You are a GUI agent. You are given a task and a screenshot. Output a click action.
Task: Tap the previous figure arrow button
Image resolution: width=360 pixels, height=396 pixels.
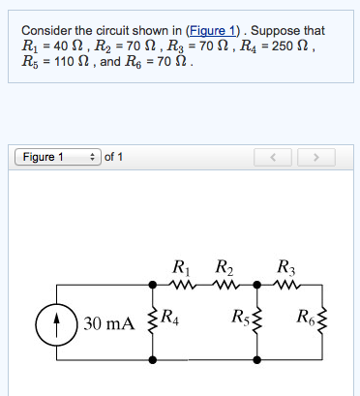(274, 157)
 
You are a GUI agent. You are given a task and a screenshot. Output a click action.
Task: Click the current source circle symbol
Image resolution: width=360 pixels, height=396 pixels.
(57, 321)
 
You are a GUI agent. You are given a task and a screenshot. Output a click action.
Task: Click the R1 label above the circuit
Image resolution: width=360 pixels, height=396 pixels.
(180, 267)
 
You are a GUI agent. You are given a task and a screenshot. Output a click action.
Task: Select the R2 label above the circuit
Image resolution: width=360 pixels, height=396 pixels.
(223, 267)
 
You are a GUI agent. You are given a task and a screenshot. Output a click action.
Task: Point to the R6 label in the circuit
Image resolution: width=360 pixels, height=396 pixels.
(305, 316)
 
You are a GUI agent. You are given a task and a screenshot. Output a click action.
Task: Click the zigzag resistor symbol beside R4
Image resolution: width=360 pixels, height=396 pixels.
(151, 321)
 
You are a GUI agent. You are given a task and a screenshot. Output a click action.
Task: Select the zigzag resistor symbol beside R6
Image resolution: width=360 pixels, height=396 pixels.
(321, 321)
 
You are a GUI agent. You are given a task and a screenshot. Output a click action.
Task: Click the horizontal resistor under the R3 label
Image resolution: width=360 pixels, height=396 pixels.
(288, 285)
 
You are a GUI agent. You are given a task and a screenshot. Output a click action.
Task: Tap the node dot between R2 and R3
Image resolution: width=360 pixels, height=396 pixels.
(256, 285)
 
